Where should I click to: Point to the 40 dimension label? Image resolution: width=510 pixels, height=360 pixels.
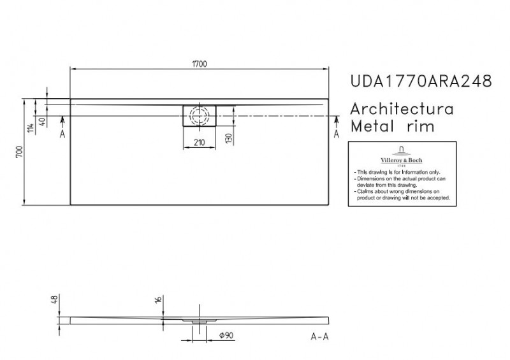click(42, 122)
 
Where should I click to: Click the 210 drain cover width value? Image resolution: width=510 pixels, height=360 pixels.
click(199, 143)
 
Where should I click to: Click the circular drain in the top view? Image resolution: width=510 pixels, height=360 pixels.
click(200, 115)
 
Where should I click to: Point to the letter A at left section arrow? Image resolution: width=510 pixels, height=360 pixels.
click(62, 134)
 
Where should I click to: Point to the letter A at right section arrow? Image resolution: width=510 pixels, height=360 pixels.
click(337, 134)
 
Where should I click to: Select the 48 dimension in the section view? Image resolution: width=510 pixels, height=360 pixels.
click(55, 299)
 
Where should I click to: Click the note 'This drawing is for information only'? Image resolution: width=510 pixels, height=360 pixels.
click(392, 173)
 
